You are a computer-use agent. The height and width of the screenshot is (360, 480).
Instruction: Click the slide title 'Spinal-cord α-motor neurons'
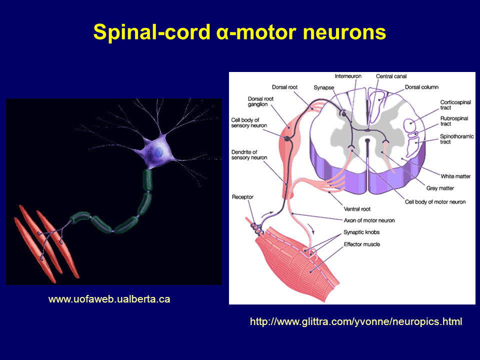point(239,32)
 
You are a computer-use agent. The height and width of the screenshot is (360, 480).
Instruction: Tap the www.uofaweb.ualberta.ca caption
point(109,299)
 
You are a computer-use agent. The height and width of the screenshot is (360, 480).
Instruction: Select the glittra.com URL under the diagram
point(356,322)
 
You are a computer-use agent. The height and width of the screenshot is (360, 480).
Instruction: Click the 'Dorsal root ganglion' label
point(260,102)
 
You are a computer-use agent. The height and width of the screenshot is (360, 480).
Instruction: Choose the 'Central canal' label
point(391,76)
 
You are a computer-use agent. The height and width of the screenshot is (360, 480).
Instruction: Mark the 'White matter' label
point(455,176)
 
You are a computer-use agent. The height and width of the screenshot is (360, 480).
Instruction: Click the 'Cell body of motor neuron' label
point(435,202)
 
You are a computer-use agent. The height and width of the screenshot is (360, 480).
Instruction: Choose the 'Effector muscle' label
point(361,244)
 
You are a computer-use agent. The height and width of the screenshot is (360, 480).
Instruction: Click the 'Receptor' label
point(243,197)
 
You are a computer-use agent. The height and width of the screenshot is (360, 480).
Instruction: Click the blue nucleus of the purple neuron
point(158,152)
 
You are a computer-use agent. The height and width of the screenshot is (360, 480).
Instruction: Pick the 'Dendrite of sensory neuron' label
point(249,154)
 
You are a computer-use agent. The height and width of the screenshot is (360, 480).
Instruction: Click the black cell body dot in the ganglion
point(287,138)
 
